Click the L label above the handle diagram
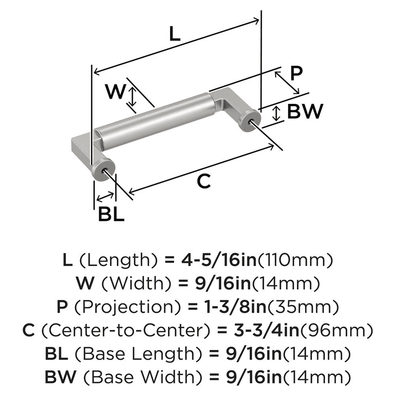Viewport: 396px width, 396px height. [174, 35]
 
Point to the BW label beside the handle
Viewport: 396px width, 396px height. [305, 112]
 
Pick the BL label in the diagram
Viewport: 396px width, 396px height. [111, 215]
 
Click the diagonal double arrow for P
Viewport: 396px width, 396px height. [287, 83]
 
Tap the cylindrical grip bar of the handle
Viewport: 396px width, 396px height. [154, 121]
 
